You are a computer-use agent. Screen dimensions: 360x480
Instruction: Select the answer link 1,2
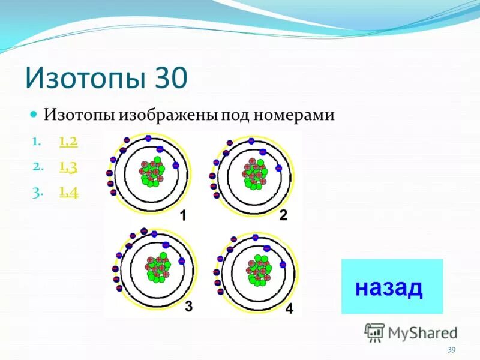(x=68, y=142)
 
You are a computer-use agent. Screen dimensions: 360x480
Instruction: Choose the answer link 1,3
(x=68, y=167)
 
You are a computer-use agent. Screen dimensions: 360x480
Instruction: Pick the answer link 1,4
(x=69, y=193)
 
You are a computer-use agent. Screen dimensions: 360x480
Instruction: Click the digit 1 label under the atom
(x=185, y=215)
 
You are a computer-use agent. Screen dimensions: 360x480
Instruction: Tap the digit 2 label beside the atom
(x=283, y=215)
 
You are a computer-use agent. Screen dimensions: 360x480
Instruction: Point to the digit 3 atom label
(x=188, y=307)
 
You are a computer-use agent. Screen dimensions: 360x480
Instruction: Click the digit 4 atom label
(x=289, y=310)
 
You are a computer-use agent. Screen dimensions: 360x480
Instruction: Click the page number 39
(x=452, y=350)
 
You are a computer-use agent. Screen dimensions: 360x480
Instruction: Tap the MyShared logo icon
(x=374, y=332)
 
